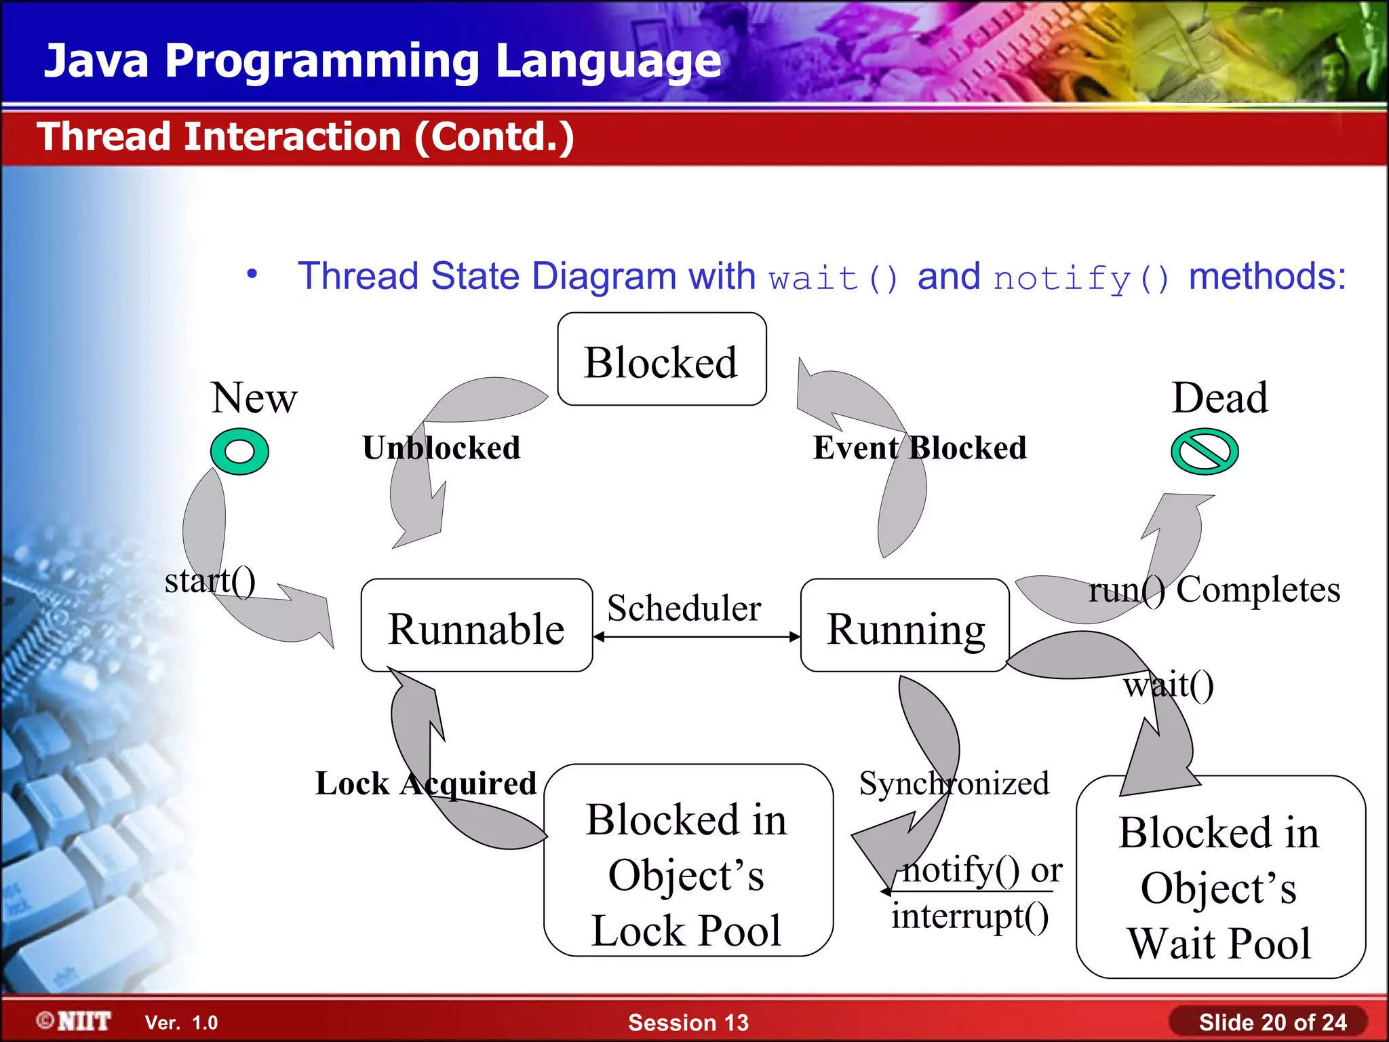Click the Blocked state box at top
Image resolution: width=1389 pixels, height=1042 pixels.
click(661, 360)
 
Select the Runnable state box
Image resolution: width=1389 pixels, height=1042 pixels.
click(476, 626)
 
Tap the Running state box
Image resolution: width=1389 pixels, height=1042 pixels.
click(905, 626)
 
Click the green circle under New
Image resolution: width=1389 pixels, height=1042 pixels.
click(239, 451)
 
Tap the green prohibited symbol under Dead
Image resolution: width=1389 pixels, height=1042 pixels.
click(1205, 451)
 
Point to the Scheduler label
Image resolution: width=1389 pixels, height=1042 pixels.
click(684, 608)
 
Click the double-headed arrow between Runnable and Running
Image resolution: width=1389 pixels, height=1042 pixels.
click(697, 637)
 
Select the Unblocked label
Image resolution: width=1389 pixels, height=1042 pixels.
click(442, 448)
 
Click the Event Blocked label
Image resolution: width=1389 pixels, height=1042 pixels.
click(920, 448)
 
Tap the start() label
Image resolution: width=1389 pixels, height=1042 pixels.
click(210, 581)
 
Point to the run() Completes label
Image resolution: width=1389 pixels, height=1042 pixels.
click(1214, 589)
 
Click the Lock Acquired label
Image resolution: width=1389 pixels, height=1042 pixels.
click(426, 784)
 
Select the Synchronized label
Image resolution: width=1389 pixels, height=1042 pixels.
click(954, 784)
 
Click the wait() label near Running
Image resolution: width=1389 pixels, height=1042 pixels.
click(1169, 685)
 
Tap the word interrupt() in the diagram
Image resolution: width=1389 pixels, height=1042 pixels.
click(970, 916)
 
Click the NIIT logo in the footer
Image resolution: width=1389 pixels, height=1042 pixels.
click(75, 1021)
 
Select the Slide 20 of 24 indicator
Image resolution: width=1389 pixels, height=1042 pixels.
click(1272, 1022)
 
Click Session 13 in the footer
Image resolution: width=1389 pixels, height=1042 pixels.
click(688, 1022)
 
